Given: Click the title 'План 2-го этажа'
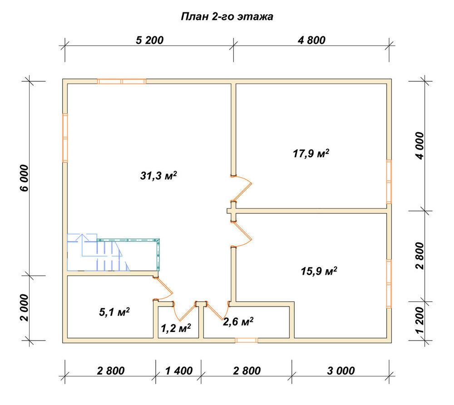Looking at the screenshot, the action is click(227, 17).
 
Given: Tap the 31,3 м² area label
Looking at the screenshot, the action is click(158, 176).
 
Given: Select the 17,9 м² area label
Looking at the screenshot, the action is click(311, 153).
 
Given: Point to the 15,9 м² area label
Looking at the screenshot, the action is click(319, 271).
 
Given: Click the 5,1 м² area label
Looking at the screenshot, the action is click(114, 312).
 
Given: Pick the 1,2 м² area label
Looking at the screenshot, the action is click(176, 328).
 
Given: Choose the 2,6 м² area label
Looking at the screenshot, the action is click(238, 321).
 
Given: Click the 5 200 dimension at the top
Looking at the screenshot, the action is click(150, 40).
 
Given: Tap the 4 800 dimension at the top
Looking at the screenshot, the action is click(311, 40).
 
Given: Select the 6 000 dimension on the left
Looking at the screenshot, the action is click(25, 178).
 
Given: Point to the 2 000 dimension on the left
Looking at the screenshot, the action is click(25, 308).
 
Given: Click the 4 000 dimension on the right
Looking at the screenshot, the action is click(419, 145).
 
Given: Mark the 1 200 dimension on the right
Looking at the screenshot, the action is click(419, 320).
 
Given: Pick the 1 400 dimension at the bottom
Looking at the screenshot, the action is click(179, 371).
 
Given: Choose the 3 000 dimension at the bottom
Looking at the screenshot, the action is click(341, 371).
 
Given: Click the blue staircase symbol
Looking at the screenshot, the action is click(98, 252).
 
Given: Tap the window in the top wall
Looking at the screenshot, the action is click(122, 81).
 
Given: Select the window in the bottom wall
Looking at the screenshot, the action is click(247, 341).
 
